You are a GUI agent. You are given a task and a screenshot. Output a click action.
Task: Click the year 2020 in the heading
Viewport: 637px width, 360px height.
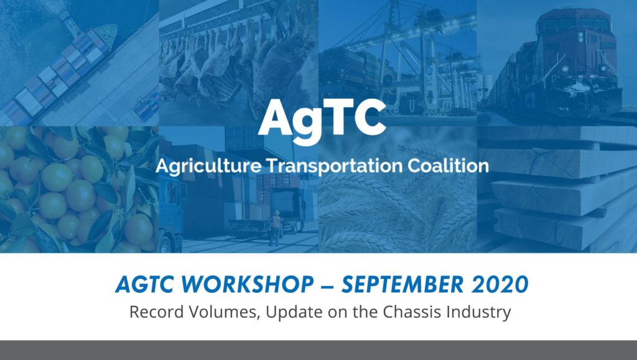(x=498, y=285)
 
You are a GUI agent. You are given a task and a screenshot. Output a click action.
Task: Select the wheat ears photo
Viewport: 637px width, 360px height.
(x=398, y=205)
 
